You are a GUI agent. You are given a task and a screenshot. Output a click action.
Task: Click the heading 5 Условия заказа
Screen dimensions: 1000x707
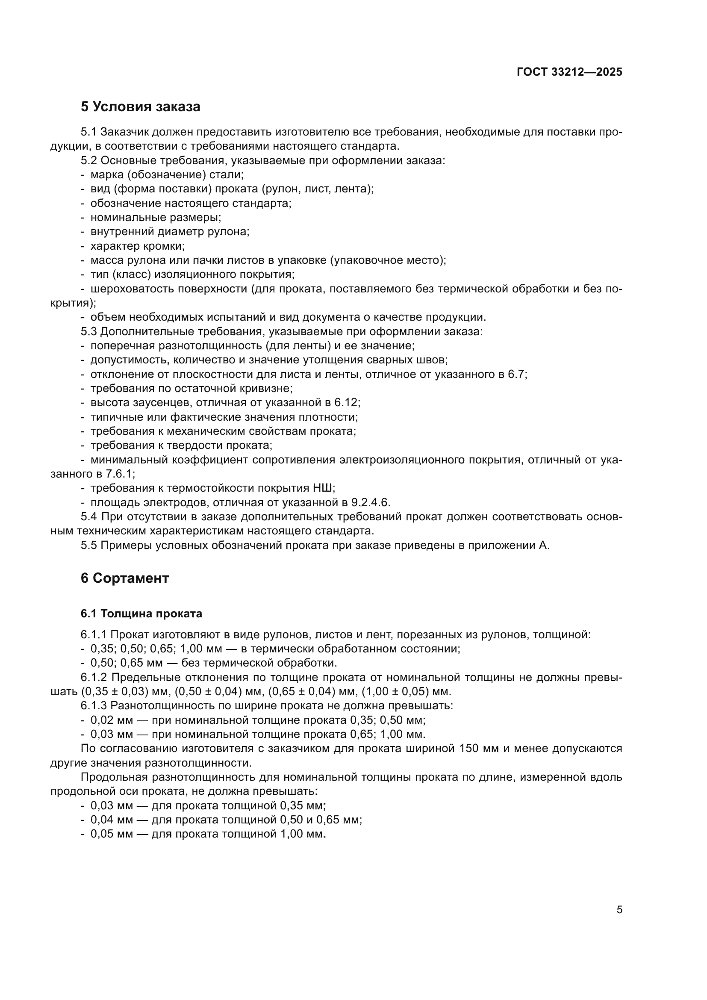point(140,107)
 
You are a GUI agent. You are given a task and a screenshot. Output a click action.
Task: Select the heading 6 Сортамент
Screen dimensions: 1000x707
point(124,578)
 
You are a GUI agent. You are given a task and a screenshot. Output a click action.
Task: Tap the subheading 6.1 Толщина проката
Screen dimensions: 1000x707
point(141,614)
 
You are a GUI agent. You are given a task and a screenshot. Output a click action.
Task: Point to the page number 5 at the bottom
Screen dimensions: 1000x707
point(619,910)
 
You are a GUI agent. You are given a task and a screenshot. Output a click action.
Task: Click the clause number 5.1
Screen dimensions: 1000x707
point(89,133)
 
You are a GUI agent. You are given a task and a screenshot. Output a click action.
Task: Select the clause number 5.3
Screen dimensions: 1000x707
point(89,331)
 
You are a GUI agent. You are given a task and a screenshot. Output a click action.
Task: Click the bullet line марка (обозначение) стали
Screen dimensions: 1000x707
point(167,175)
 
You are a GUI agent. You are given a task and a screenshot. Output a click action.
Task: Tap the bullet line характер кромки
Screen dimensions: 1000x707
point(137,247)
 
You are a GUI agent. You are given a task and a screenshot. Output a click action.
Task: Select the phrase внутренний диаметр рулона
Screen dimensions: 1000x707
point(170,232)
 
